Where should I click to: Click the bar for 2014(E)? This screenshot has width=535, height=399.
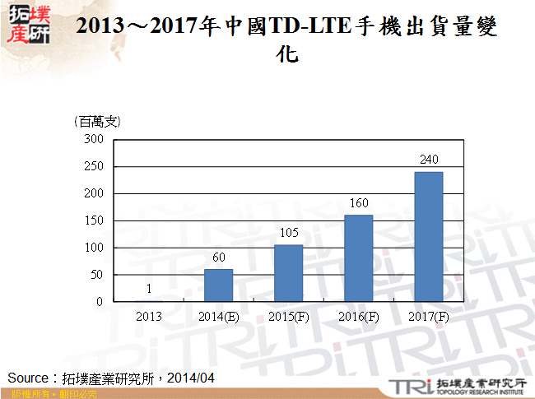pyautogui.click(x=218, y=285)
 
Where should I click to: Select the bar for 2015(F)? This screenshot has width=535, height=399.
pyautogui.click(x=288, y=273)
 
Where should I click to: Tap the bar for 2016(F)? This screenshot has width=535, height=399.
pyautogui.click(x=358, y=258)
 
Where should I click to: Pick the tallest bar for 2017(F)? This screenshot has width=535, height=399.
pyautogui.click(x=428, y=237)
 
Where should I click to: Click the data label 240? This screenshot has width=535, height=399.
pyautogui.click(x=428, y=160)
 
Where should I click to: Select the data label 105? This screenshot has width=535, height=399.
pyautogui.click(x=288, y=233)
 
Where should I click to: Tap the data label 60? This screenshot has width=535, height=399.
pyautogui.click(x=218, y=257)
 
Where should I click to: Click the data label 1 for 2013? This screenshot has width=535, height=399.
pyautogui.click(x=148, y=289)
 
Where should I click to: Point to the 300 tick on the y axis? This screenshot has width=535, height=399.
pyautogui.click(x=94, y=140)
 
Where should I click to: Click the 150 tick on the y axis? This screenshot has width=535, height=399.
pyautogui.click(x=94, y=220)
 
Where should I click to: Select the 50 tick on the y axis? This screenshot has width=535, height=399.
pyautogui.click(x=96, y=275)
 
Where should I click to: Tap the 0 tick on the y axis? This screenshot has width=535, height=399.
pyautogui.click(x=100, y=302)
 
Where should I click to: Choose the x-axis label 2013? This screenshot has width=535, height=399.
pyautogui.click(x=148, y=316)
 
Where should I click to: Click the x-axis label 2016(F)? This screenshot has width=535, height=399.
pyautogui.click(x=358, y=316)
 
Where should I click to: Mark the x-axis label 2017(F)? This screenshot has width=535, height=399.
pyautogui.click(x=428, y=316)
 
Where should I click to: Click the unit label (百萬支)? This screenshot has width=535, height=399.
pyautogui.click(x=97, y=122)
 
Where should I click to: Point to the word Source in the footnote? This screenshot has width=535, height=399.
pyautogui.click(x=28, y=378)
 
